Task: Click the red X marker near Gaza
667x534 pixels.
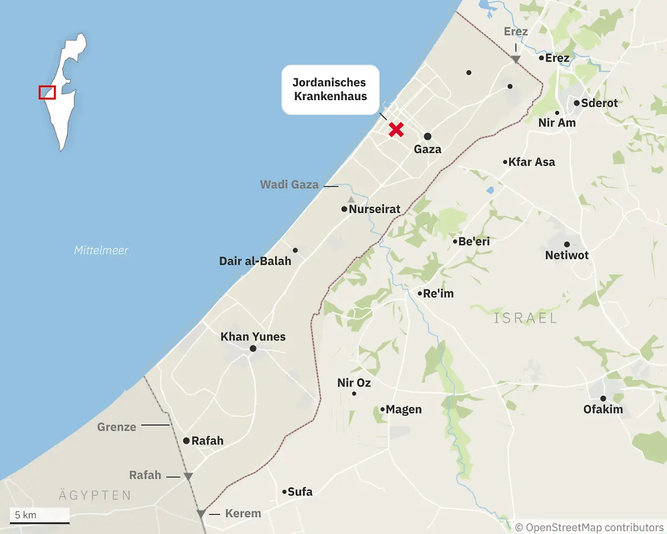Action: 396,130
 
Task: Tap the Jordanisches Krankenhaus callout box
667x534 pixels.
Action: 330,90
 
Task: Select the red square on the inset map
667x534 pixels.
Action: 47,92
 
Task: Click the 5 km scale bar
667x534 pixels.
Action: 39,522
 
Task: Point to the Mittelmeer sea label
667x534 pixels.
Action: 101,250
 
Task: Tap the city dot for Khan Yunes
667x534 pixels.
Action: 253,349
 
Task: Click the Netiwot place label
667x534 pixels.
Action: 566,255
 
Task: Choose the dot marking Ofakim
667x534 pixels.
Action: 603,398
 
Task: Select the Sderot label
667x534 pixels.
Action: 599,103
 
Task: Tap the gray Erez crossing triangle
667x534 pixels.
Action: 516,59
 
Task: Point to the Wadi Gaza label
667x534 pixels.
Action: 289,185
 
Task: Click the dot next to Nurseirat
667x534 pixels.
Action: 345,210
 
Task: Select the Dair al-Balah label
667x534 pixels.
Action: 255,261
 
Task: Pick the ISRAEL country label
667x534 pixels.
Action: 525,318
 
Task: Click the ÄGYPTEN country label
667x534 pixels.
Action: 95,495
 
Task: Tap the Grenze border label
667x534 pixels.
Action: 117,427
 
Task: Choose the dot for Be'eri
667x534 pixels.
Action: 455,242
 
